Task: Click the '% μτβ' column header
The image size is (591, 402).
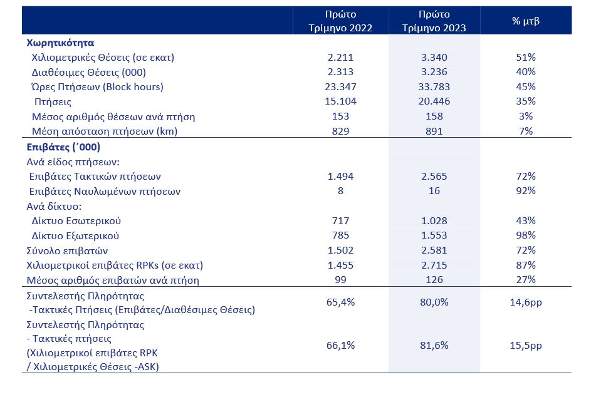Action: click(x=525, y=21)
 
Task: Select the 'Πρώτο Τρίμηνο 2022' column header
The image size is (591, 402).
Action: click(x=340, y=21)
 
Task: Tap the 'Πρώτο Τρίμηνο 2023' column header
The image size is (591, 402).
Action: click(x=434, y=21)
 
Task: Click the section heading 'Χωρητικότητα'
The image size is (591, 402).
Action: click(x=60, y=43)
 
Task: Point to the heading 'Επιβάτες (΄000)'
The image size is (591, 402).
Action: click(x=63, y=147)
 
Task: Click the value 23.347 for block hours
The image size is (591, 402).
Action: click(x=340, y=86)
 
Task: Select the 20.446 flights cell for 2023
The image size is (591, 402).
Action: click(x=434, y=101)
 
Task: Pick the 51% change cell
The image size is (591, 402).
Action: click(x=525, y=57)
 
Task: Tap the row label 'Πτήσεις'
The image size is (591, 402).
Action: click(x=53, y=102)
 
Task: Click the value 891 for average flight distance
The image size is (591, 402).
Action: click(x=434, y=131)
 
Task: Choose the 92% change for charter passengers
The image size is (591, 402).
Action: click(x=525, y=191)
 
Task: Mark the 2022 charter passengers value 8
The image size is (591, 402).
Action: click(x=340, y=191)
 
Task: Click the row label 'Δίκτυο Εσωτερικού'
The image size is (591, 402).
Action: click(x=76, y=221)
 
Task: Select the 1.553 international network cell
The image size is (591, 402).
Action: click(x=434, y=235)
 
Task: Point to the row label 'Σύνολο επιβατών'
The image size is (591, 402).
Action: click(x=67, y=250)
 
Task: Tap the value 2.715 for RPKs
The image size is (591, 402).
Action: click(x=434, y=265)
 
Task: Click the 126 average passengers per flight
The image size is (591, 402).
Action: click(x=434, y=280)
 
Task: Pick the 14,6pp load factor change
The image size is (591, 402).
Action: click(x=525, y=302)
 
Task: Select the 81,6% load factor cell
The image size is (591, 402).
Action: click(x=434, y=346)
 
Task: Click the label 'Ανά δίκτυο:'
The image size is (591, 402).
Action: click(x=54, y=206)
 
